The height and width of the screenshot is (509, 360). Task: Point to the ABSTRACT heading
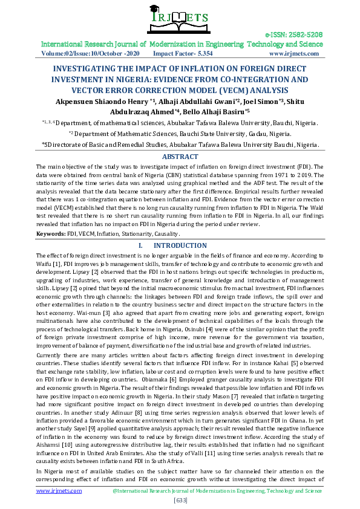pos(181,156)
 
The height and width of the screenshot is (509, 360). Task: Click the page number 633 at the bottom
pos(180,500)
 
